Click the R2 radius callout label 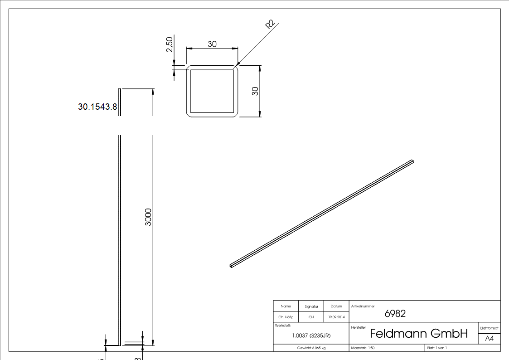(x=271, y=25)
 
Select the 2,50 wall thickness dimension (x=170, y=44)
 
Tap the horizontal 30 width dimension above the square (x=212, y=44)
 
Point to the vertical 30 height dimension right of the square (x=255, y=91)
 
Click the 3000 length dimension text (x=148, y=217)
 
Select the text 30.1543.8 (x=98, y=107)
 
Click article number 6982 (x=395, y=313)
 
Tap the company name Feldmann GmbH (x=418, y=334)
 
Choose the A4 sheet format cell (x=489, y=339)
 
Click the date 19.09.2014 (x=336, y=317)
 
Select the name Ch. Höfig (x=286, y=317)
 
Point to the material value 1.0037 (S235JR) (x=311, y=336)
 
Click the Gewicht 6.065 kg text (x=311, y=348)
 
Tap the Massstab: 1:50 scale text (x=363, y=348)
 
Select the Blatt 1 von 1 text (x=436, y=348)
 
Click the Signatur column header (x=311, y=306)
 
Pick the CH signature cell (x=311, y=317)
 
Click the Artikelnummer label (x=363, y=306)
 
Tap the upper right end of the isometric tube (x=412, y=161)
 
